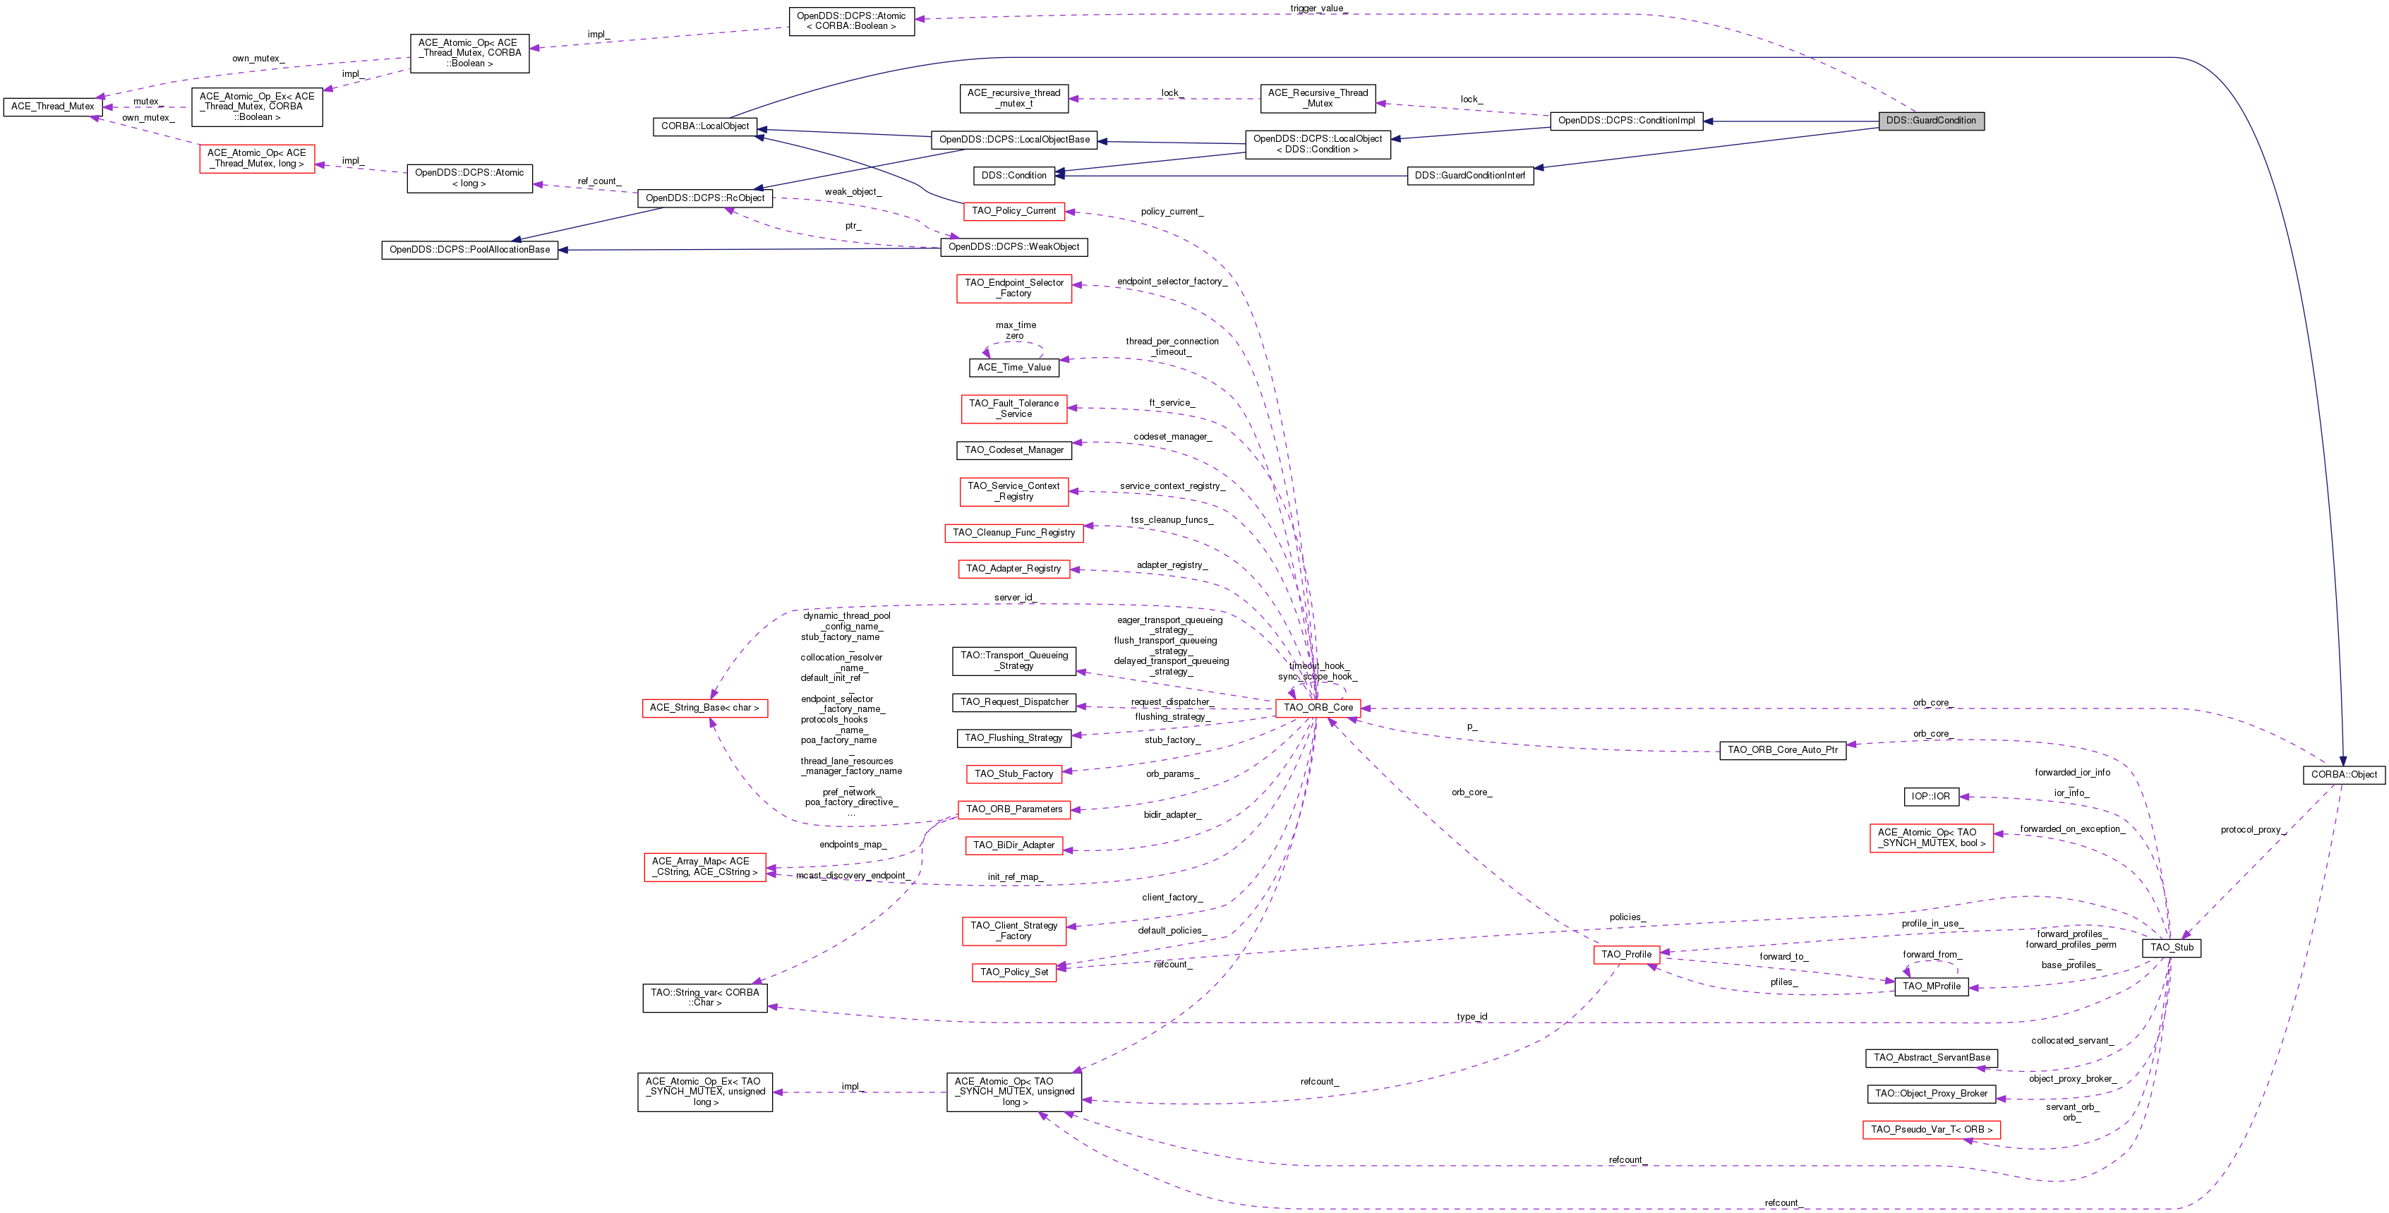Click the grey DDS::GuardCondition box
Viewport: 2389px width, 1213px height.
(1931, 121)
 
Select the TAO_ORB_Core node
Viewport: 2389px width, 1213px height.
(1318, 708)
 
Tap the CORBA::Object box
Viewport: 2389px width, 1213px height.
(2344, 774)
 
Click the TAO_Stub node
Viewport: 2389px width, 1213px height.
(2171, 947)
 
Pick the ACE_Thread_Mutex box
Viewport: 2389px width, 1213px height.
(53, 107)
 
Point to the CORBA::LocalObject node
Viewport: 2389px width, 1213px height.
(705, 126)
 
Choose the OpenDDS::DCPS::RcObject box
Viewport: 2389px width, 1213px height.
(705, 198)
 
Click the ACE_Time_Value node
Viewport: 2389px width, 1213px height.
(1013, 367)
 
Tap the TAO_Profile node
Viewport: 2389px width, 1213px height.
(1626, 954)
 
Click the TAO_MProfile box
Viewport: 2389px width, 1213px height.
(1931, 986)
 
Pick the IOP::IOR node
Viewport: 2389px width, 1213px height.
(1931, 796)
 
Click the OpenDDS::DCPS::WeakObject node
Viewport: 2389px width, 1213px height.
(1013, 247)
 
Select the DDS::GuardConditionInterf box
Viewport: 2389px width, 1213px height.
(1470, 175)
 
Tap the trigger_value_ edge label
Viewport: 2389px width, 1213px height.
(1318, 8)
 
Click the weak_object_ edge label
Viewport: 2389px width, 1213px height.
(853, 192)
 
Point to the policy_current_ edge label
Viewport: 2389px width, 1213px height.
(1172, 212)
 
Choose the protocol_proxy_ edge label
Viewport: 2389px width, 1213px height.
(2253, 829)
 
